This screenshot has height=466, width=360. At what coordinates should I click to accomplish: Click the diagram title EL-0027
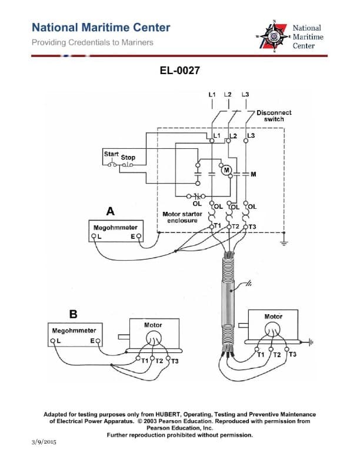[180, 71]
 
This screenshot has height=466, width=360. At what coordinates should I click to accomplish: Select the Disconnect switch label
[274, 115]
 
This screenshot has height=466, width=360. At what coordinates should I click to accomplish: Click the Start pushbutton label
[111, 154]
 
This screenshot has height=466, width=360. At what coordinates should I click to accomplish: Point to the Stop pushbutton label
[128, 158]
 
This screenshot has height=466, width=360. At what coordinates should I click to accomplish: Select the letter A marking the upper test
[109, 210]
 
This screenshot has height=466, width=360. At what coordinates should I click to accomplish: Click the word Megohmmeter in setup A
[115, 227]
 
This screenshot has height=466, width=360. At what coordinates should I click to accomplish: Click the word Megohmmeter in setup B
[74, 331]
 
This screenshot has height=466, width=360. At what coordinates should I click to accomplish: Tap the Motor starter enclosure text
[182, 217]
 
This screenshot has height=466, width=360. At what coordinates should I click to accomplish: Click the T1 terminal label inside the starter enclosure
[217, 226]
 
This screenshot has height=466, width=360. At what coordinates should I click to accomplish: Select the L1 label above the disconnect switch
[212, 94]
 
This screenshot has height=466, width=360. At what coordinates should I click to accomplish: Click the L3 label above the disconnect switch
[245, 94]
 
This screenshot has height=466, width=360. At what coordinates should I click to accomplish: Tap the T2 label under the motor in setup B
[158, 360]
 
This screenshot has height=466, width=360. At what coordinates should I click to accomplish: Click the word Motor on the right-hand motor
[274, 316]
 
